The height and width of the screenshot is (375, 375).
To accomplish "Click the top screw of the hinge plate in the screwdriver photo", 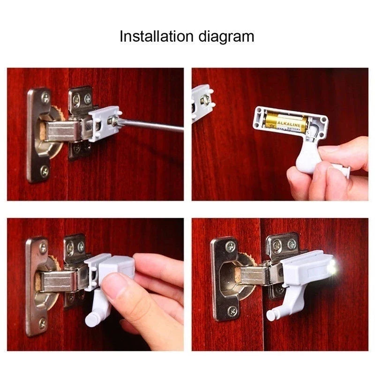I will (x=45, y=97).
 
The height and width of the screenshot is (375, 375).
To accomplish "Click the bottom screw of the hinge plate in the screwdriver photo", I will (x=45, y=171).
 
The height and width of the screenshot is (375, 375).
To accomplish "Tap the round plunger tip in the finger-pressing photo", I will (x=91, y=320).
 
